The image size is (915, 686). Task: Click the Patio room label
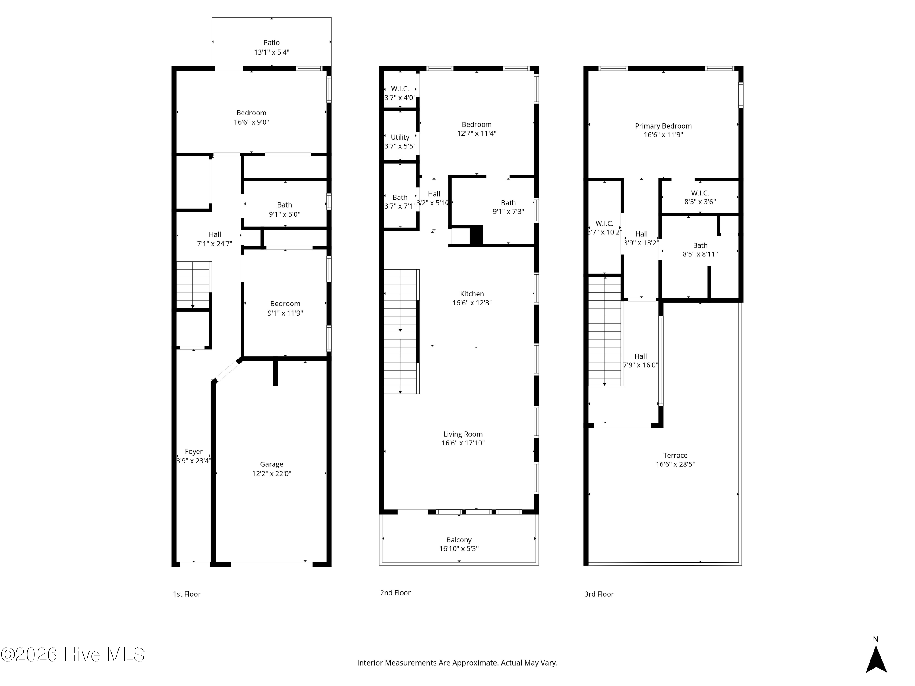coord(271,43)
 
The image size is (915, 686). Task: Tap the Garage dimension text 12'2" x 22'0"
coord(272,474)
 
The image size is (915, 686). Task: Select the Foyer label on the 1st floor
coord(194,452)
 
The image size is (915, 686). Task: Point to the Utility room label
coord(400,137)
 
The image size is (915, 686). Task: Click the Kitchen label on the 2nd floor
coord(472,294)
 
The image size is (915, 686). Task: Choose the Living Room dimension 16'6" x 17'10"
coord(463,443)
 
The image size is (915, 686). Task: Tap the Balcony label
coord(459,540)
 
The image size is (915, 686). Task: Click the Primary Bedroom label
coord(663,126)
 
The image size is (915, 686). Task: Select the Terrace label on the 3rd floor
coord(675,455)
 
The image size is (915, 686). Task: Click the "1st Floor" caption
coord(187,594)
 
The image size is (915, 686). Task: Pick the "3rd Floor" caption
coord(599,594)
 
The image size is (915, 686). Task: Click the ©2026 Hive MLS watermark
coord(73,655)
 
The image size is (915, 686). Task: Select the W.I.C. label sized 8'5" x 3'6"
coord(700,193)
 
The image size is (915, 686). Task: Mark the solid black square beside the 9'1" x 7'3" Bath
coord(476,235)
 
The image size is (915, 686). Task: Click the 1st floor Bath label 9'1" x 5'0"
coord(285,205)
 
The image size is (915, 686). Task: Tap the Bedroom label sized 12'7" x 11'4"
coord(476,124)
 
